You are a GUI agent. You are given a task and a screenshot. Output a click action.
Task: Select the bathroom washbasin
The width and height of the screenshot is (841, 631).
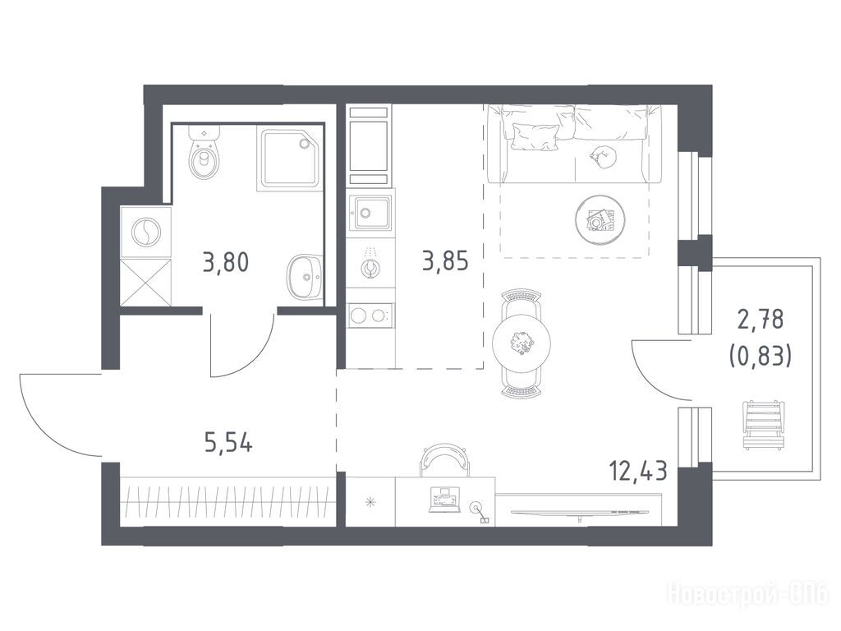pyautogui.click(x=304, y=277)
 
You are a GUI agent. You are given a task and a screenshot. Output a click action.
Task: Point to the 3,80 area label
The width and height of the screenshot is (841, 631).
pyautogui.click(x=226, y=263)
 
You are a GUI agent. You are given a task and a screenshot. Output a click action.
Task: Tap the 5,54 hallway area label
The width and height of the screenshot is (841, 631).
pyautogui.click(x=228, y=443)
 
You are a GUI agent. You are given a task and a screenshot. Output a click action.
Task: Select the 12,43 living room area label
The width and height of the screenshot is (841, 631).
pyautogui.click(x=637, y=471)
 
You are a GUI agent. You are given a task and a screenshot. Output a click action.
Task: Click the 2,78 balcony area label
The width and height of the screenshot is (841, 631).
pyautogui.click(x=761, y=320)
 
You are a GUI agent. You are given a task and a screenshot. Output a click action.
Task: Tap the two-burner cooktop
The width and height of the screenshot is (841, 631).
pyautogui.click(x=370, y=315)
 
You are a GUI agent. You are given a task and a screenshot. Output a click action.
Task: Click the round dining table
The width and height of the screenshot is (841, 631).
pyautogui.click(x=522, y=341)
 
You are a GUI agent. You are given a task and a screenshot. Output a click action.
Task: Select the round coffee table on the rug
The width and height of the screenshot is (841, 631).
pyautogui.click(x=600, y=219)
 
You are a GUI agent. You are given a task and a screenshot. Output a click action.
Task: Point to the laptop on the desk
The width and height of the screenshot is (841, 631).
pyautogui.click(x=444, y=500)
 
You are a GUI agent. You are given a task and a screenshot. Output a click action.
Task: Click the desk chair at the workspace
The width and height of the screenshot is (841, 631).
pyautogui.click(x=444, y=460)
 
